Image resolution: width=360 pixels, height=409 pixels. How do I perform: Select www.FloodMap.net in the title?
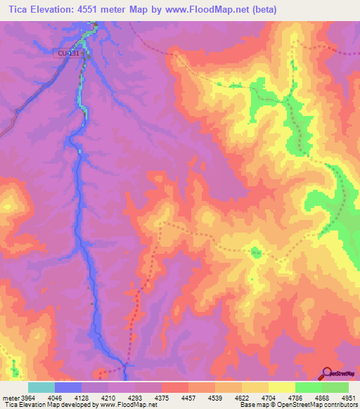point(208,10)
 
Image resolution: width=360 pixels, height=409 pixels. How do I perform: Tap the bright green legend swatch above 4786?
point(309,387)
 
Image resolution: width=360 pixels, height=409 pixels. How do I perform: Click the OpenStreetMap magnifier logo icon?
point(326,372)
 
